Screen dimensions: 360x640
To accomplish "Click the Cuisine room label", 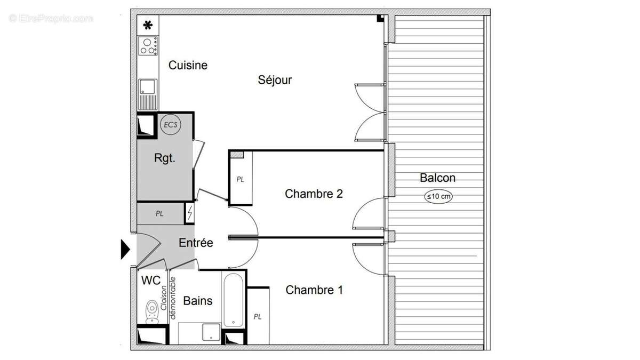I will coord(188,66).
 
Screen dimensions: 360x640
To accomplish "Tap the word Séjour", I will coord(275,80).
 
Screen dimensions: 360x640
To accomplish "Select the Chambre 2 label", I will coord(314,194).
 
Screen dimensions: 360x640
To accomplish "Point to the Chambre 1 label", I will coord(314,290).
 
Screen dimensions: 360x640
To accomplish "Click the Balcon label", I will coord(437,178).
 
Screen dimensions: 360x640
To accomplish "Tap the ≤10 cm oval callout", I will coord(438,196).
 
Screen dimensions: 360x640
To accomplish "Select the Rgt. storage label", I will coord(165,158).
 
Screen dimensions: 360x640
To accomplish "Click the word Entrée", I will coord(196,243).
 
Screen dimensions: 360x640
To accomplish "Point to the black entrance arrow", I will coord(125,249).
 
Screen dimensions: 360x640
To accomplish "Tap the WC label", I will coord(151,281).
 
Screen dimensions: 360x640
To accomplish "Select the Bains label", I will coord(197,301).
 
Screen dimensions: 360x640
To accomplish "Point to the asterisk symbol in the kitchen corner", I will coord(148,25).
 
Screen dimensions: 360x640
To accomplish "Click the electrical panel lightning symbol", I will coord(190,213).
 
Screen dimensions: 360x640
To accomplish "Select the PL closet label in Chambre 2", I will coord(241,180).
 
